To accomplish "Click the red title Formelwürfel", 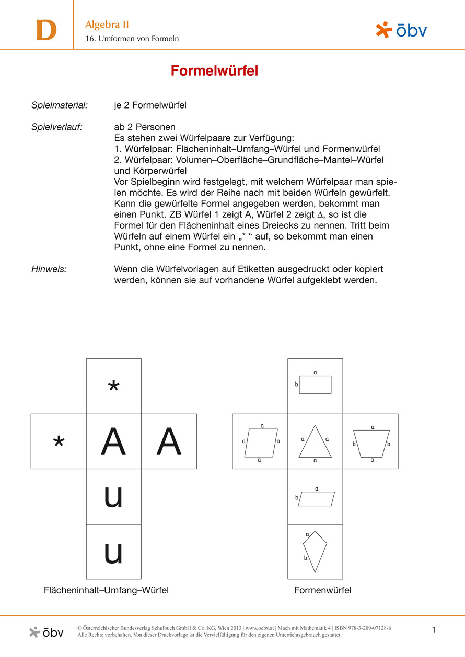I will pyautogui.click(x=214, y=71).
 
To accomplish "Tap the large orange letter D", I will pyautogui.click(x=46, y=31).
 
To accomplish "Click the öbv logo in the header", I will pyautogui.click(x=401, y=30).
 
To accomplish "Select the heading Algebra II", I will pyautogui.click(x=107, y=25).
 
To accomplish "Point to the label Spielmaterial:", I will pyautogui.click(x=60, y=105).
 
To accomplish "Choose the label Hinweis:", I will pyautogui.click(x=49, y=269).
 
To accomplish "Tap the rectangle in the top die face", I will pyautogui.click(x=315, y=385).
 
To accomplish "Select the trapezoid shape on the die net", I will pyautogui.click(x=371, y=444).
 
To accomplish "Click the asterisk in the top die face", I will pyautogui.click(x=113, y=387).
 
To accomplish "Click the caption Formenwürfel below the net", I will pyautogui.click(x=322, y=590).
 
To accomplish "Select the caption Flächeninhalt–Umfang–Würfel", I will pyautogui.click(x=106, y=590).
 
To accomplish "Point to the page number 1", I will pyautogui.click(x=434, y=630).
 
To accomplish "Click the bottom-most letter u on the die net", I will pyautogui.click(x=113, y=552).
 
